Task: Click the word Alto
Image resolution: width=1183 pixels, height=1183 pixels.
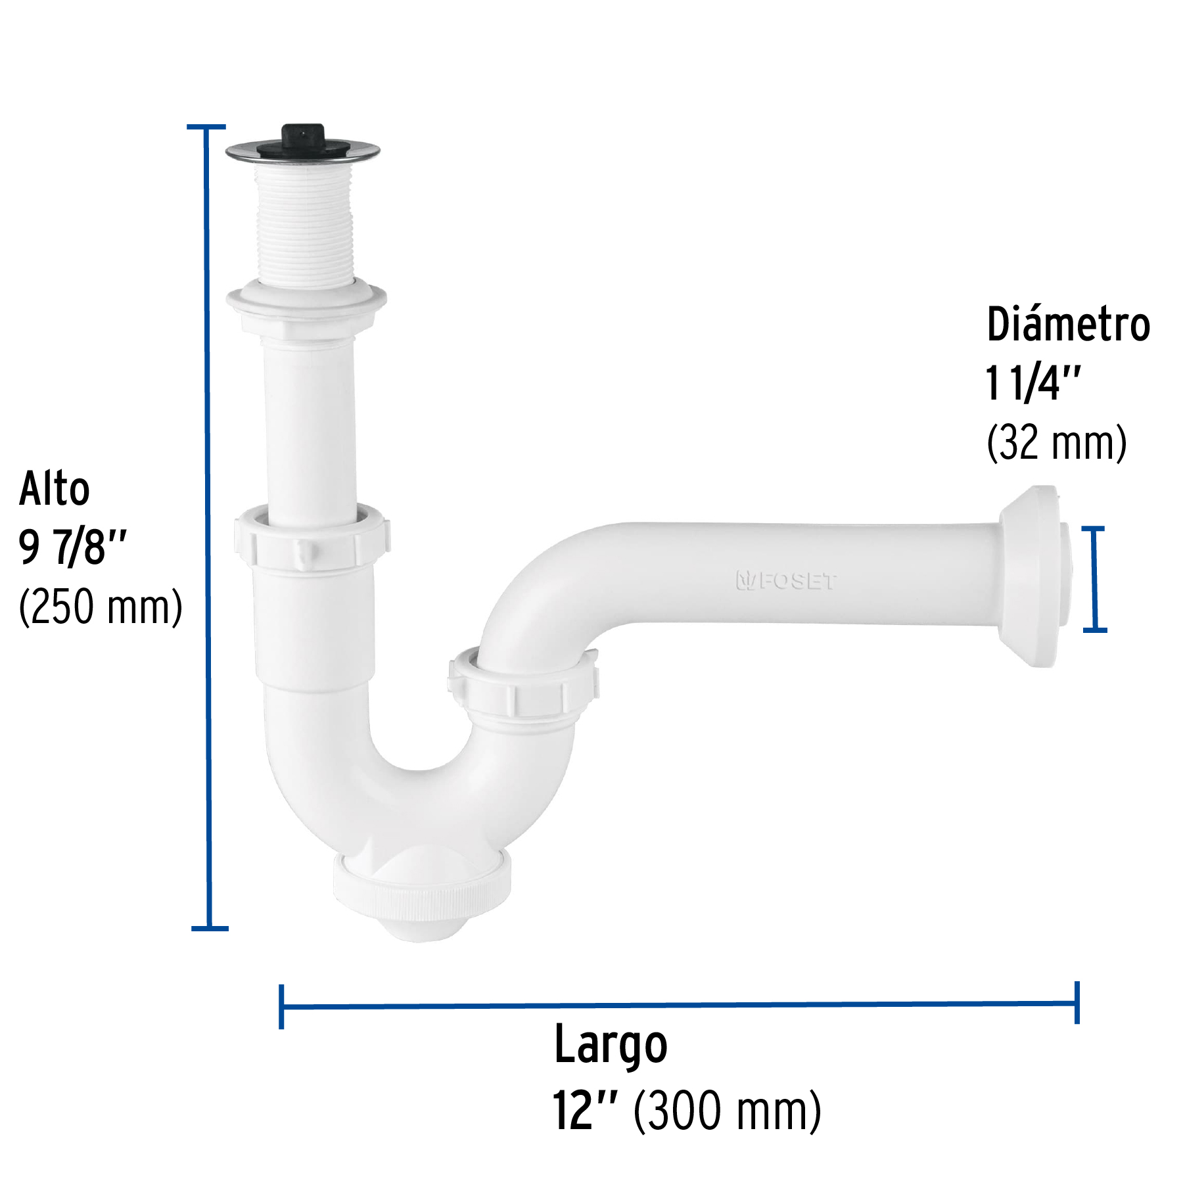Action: pyautogui.click(x=55, y=489)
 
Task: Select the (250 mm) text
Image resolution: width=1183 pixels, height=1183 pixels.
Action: pyautogui.click(x=101, y=606)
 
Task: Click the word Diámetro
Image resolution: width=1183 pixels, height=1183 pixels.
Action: pyautogui.click(x=1068, y=324)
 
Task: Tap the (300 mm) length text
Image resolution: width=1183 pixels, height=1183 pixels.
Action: pyautogui.click(x=727, y=1111)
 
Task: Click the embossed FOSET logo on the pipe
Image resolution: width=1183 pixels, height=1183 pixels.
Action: pyautogui.click(x=786, y=581)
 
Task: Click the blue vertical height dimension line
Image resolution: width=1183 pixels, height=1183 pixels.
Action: pyautogui.click(x=208, y=526)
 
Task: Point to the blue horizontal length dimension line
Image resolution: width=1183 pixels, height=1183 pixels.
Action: pyautogui.click(x=677, y=1005)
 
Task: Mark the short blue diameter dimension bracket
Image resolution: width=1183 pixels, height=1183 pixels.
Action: pyautogui.click(x=1094, y=578)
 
